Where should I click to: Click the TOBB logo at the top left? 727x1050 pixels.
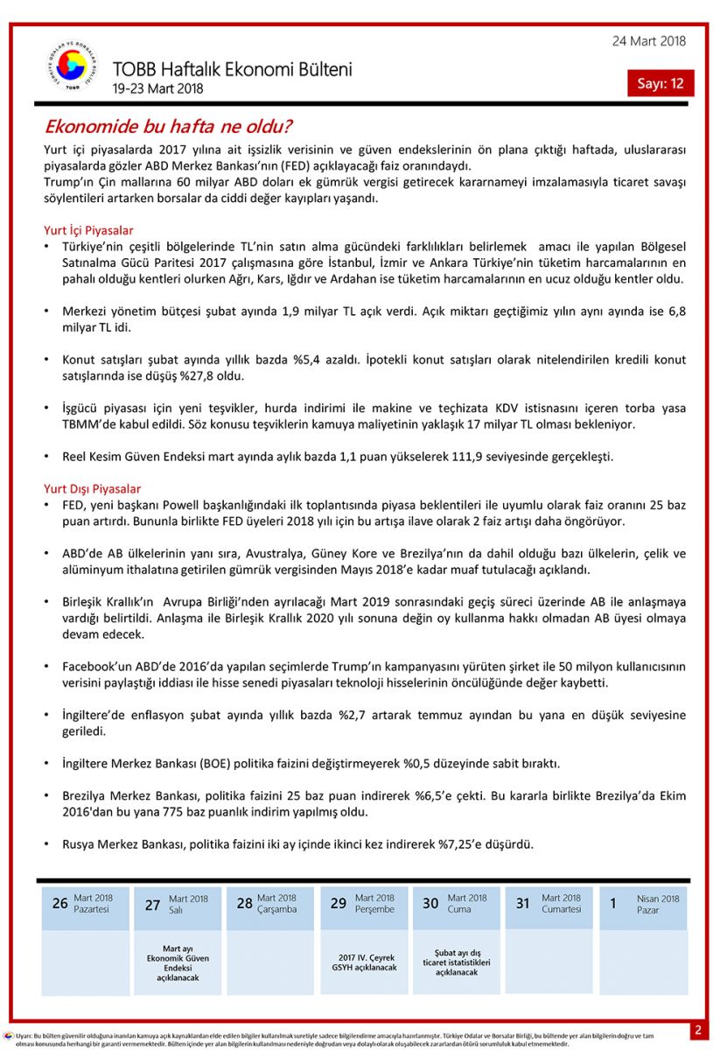click(x=71, y=68)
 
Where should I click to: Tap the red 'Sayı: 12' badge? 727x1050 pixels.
click(x=660, y=83)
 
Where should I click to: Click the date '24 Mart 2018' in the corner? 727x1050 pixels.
click(x=648, y=41)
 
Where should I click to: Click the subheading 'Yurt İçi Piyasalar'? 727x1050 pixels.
click(x=88, y=230)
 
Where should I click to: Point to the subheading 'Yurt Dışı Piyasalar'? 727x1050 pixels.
click(x=92, y=488)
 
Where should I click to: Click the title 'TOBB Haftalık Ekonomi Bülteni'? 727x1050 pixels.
click(x=232, y=69)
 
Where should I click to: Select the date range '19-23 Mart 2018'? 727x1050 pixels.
click(x=157, y=88)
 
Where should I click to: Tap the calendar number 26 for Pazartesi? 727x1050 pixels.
click(x=59, y=903)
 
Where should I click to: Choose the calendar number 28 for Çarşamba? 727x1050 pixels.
click(x=245, y=903)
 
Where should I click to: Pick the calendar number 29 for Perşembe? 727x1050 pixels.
click(x=339, y=903)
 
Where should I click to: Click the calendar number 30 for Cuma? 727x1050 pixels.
click(x=430, y=903)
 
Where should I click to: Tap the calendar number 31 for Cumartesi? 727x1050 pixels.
click(x=522, y=903)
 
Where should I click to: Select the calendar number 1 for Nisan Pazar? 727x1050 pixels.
click(x=613, y=903)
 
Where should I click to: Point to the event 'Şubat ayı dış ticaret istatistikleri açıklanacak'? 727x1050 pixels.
click(x=457, y=962)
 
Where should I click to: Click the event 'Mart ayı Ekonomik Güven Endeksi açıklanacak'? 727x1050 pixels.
click(x=178, y=962)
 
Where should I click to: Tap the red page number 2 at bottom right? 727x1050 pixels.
click(x=698, y=1030)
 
